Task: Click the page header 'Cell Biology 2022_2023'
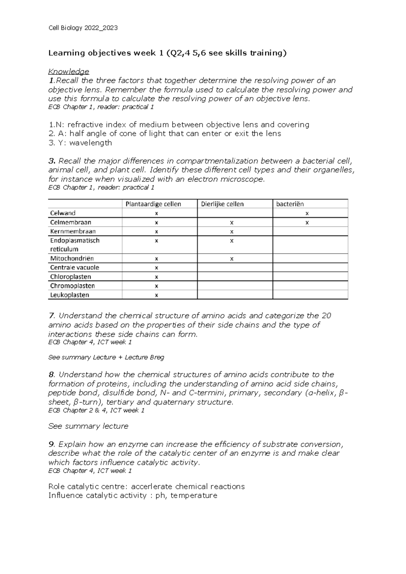tap(83, 28)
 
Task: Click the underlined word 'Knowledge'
tap(69, 71)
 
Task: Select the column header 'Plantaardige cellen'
tap(153, 204)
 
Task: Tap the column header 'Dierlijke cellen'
tap(222, 204)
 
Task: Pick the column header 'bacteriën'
tap(290, 204)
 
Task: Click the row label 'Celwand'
tap(63, 213)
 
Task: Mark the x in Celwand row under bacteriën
tap(307, 214)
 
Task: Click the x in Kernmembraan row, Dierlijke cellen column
tap(232, 232)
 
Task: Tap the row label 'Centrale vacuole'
tap(74, 268)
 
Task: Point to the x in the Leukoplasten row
tap(156, 295)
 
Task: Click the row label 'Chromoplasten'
tap(72, 286)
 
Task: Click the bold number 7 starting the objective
tap(51, 316)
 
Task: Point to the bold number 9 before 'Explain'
tap(51, 444)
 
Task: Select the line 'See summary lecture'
tap(88, 426)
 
